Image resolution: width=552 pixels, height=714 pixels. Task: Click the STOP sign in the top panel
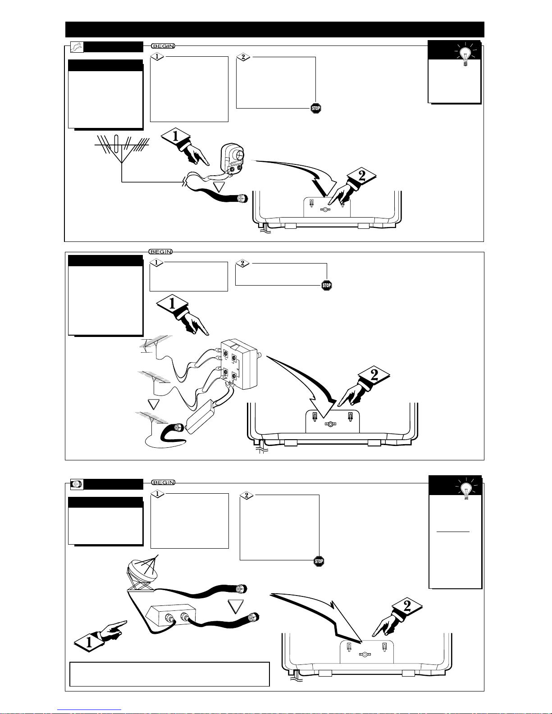316,108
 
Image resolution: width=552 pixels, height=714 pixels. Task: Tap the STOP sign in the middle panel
327,285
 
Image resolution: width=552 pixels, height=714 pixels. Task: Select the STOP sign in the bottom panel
319,561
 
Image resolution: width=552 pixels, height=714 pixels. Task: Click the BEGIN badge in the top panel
163,46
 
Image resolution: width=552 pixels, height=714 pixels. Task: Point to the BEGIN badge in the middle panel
161,252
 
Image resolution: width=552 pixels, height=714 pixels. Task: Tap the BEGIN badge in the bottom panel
163,482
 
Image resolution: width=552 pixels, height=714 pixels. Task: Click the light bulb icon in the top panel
465,55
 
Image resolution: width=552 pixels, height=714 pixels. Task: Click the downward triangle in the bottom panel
236,606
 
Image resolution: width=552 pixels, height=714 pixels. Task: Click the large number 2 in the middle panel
374,375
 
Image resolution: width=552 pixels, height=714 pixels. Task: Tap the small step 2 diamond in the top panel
243,57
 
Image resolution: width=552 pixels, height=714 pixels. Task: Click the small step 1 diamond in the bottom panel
157,494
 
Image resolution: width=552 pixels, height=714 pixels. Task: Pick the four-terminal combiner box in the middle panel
238,364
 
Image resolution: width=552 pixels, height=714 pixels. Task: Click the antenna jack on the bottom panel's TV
365,654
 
